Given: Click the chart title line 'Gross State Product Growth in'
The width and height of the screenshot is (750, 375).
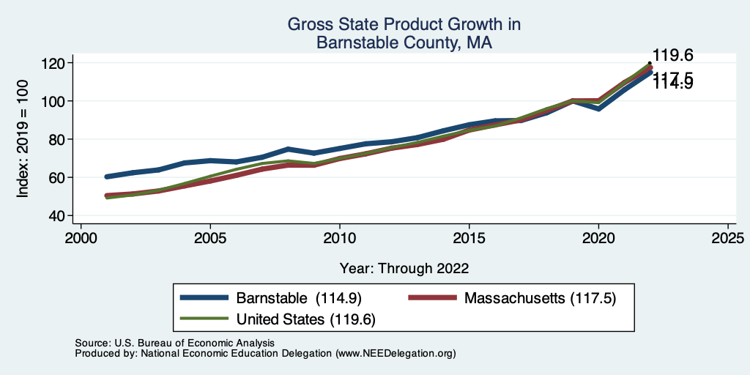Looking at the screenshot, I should (404, 25).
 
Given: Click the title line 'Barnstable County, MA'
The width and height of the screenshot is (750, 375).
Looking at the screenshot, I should (404, 43).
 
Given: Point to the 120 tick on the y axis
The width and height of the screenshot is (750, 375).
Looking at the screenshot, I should (56, 63).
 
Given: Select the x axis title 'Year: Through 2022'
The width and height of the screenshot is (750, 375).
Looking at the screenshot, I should (404, 267).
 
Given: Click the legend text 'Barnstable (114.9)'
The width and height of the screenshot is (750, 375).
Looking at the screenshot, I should (299, 298).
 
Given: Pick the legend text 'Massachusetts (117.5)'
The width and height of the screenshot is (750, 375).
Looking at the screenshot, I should (538, 298).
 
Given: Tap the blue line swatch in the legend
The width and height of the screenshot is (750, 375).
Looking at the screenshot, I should (205, 298).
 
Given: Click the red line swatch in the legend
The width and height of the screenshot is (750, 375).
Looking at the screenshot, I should (432, 298).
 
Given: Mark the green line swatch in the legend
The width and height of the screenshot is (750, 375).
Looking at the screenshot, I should (205, 319).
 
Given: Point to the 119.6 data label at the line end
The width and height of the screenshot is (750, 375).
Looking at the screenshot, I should (672, 56).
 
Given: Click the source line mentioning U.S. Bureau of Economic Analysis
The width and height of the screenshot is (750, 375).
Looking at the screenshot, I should (174, 343).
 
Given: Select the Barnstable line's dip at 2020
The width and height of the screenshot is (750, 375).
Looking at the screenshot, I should (598, 108).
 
